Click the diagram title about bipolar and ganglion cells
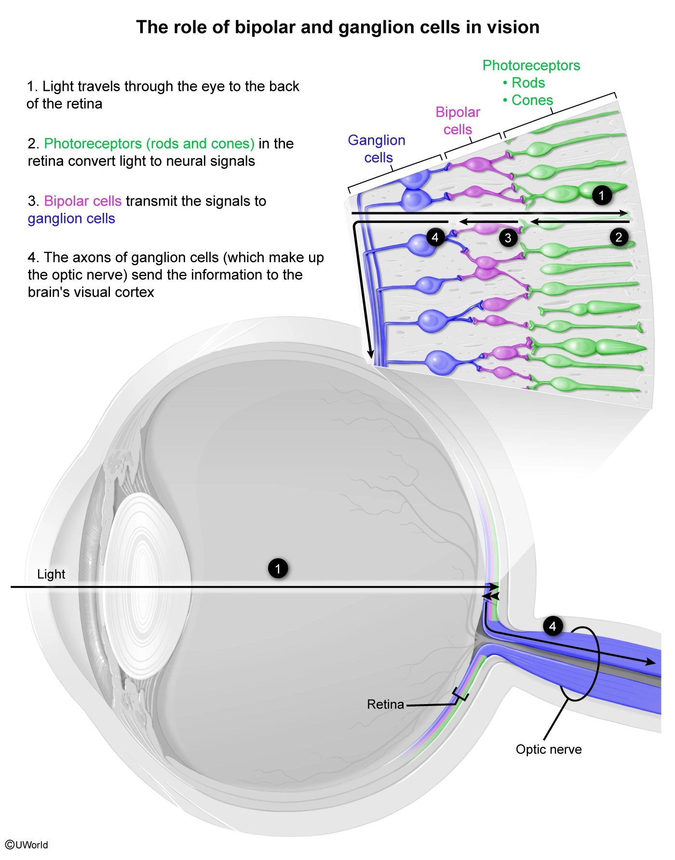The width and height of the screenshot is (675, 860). (x=337, y=28)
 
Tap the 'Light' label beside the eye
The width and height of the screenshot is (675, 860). (x=51, y=574)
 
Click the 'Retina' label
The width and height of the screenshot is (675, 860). (x=385, y=705)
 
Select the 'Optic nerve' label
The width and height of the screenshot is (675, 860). (x=549, y=749)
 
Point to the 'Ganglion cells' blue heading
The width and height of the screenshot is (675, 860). (x=377, y=149)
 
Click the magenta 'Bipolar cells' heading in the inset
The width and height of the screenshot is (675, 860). (x=458, y=121)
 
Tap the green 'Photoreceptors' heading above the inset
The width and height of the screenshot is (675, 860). (x=531, y=66)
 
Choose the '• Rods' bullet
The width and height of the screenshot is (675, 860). (x=524, y=83)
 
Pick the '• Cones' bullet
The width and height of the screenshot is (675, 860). (x=528, y=100)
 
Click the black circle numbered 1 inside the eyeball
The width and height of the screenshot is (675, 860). (x=278, y=569)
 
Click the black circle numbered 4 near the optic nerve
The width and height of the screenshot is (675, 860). (x=553, y=626)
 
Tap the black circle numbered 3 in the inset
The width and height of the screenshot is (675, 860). (x=508, y=237)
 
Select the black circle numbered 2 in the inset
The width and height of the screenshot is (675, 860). (x=619, y=237)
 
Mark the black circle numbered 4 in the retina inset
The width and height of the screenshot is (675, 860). (x=435, y=237)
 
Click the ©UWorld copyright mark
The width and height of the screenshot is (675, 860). (x=27, y=845)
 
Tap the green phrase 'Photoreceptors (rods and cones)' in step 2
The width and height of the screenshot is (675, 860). (x=149, y=144)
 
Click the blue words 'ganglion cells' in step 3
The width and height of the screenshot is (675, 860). (x=71, y=219)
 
